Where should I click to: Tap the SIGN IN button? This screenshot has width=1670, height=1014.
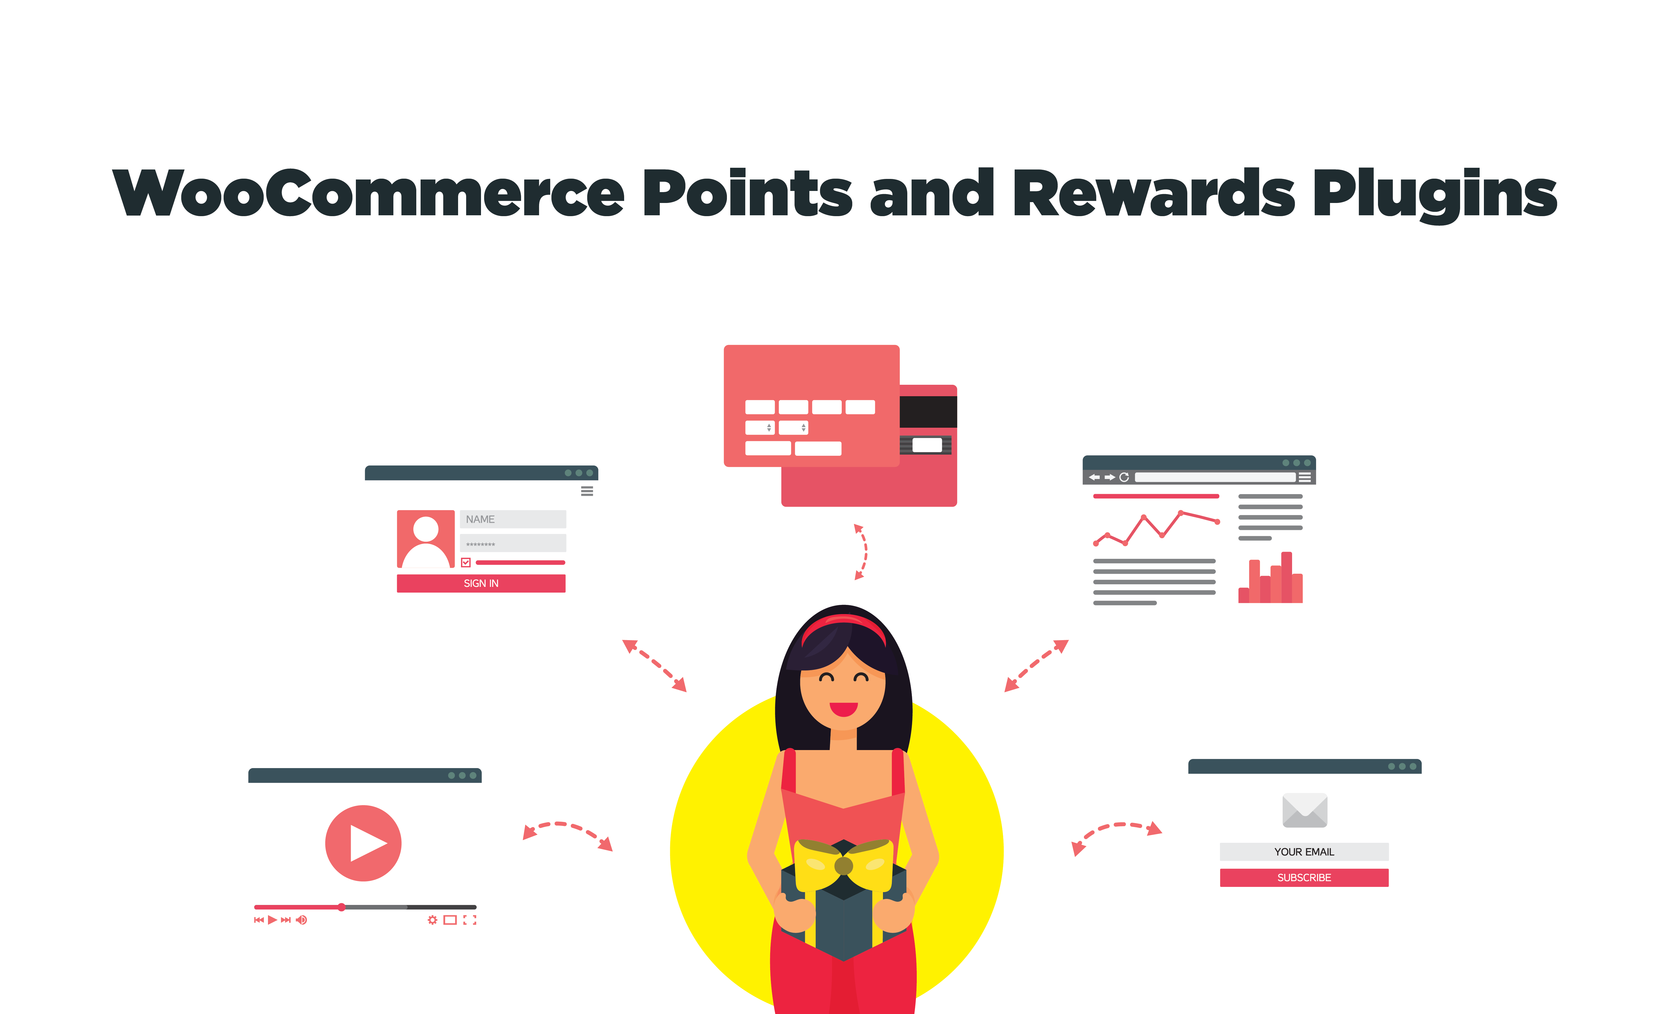pyautogui.click(x=481, y=584)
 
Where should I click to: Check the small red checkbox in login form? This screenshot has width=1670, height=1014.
pyautogui.click(x=466, y=563)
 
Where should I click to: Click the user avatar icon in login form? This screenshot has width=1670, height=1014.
pyautogui.click(x=426, y=539)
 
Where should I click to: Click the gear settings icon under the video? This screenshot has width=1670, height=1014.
pyautogui.click(x=432, y=920)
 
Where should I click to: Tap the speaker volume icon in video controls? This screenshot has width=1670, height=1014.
pyautogui.click(x=301, y=920)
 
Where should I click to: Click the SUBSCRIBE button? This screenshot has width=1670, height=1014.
pyautogui.click(x=1304, y=878)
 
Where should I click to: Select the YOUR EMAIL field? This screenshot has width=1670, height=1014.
pyautogui.click(x=1304, y=852)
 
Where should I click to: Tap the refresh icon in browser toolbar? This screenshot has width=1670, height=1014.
pyautogui.click(x=1124, y=477)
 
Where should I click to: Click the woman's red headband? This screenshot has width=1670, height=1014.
pyautogui.click(x=844, y=625)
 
